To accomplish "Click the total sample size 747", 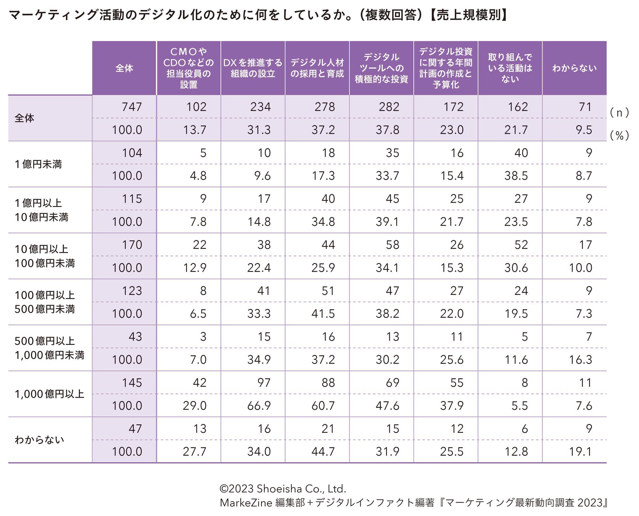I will (132, 107).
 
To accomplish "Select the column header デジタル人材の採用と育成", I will (317, 68).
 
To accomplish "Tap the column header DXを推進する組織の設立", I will (253, 68).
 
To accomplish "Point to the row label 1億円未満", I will (38, 164).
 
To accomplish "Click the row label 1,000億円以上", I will (50, 394).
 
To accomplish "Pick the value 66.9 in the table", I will (259, 406).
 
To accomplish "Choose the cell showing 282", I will (389, 107).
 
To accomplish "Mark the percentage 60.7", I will (323, 406).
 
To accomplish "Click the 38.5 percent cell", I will (516, 176).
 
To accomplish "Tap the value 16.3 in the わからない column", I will (580, 360).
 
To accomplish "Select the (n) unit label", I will (619, 113).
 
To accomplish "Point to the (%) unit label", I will (619, 136).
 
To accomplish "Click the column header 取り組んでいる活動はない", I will (510, 68).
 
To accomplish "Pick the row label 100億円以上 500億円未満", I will (45, 302).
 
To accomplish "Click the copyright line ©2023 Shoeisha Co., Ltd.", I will (283, 488).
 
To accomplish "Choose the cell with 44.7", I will (323, 452).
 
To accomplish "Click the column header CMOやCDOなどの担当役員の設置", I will (189, 68).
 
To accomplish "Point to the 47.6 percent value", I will (387, 406).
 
